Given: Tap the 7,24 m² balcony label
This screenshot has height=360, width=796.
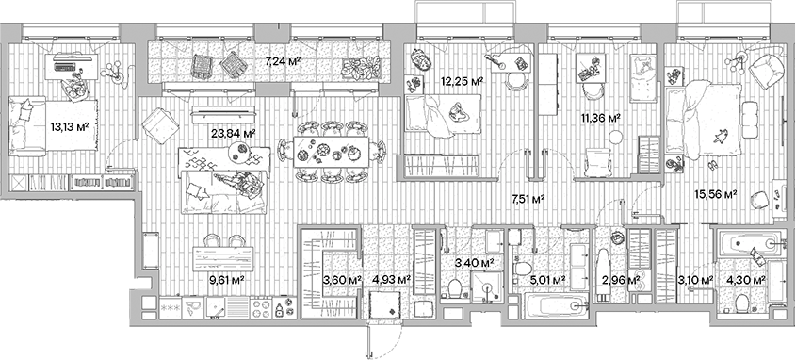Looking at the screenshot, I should pyautogui.click(x=283, y=61).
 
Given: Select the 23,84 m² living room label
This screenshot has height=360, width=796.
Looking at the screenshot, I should pyautogui.click(x=236, y=134).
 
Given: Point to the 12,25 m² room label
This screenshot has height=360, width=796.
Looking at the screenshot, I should pyautogui.click(x=463, y=83).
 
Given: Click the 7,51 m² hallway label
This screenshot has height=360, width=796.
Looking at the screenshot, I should pyautogui.click(x=528, y=198).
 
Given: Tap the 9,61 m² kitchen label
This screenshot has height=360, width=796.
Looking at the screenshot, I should pyautogui.click(x=225, y=279).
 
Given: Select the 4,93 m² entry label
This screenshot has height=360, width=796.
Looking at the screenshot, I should pyautogui.click(x=390, y=280).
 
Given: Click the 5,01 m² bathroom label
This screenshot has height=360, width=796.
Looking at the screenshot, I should pyautogui.click(x=546, y=280).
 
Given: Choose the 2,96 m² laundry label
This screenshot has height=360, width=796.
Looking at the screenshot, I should pyautogui.click(x=621, y=280).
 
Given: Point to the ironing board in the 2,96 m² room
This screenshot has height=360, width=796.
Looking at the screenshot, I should pyautogui.click(x=605, y=273).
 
